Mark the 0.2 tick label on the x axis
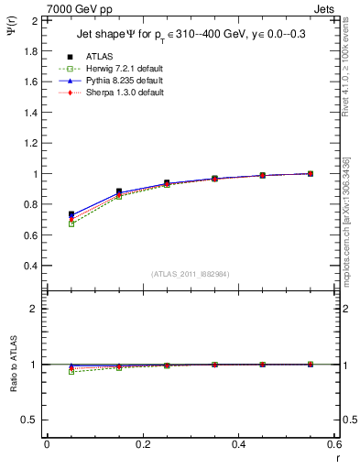(x=142, y=445)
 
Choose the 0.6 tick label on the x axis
(x=333, y=445)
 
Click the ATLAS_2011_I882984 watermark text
(x=190, y=274)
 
